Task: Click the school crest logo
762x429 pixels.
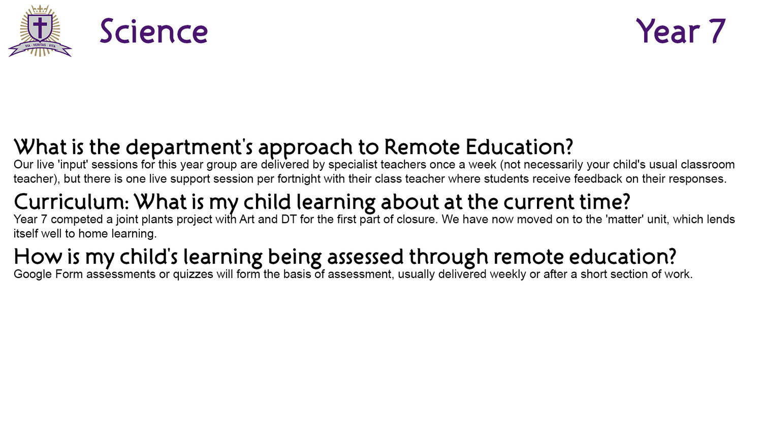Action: [40, 30]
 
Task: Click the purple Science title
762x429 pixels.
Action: [154, 32]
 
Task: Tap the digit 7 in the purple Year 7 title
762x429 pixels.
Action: [716, 32]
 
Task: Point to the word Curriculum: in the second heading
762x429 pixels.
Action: [72, 202]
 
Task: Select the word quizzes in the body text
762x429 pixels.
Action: [193, 274]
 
